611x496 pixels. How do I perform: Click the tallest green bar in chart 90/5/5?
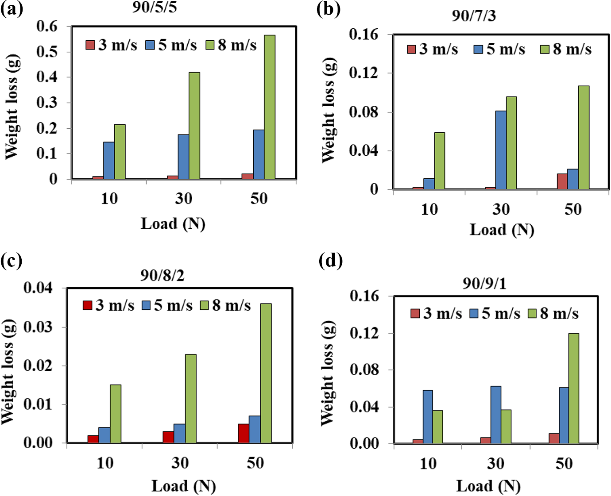coord(270,107)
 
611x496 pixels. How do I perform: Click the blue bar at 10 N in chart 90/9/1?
coord(428,417)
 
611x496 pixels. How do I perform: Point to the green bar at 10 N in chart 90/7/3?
coord(440,161)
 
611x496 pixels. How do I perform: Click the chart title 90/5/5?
coord(155,8)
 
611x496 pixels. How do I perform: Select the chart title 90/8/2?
coord(162,276)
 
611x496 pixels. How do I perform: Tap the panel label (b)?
coord(329,9)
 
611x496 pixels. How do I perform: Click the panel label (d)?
coord(331,261)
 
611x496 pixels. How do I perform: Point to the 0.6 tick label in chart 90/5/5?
coord(47,27)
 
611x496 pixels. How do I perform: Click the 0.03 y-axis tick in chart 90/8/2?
coord(38,327)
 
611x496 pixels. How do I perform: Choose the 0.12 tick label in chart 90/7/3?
coord(364,73)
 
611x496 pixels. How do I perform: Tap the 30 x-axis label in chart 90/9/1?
coord(495,463)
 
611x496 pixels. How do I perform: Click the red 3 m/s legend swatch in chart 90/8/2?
coord(88,305)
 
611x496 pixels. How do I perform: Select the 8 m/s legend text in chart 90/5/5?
coord(237,45)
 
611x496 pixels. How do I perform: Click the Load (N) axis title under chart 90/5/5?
coord(173,224)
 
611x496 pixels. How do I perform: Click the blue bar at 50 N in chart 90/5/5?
coord(259,154)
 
